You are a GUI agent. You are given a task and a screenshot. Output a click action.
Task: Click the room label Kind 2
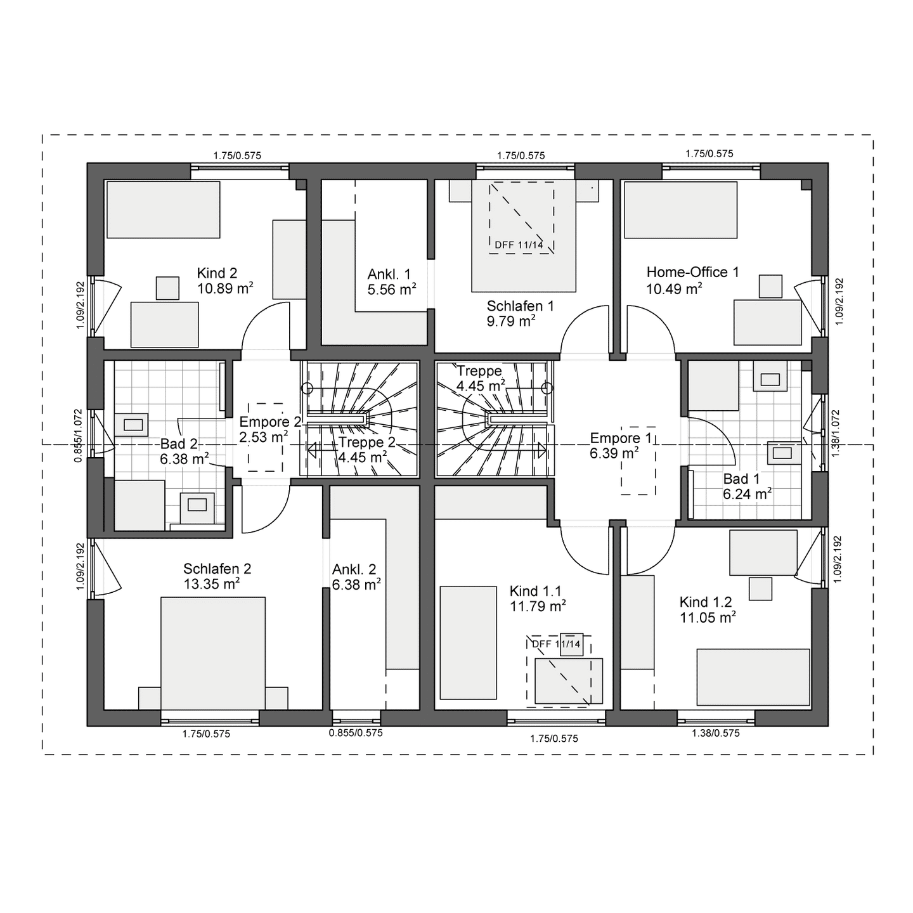217,273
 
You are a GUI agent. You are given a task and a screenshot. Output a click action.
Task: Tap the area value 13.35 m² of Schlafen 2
211,584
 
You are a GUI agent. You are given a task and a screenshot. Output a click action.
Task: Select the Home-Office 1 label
693,272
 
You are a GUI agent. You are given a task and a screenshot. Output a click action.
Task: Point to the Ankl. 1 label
389,275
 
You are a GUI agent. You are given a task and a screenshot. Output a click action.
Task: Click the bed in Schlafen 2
213,653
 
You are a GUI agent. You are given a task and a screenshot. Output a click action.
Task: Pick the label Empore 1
621,437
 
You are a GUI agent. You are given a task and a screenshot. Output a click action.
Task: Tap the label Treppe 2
366,442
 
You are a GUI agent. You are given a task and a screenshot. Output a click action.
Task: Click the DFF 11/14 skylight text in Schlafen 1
519,245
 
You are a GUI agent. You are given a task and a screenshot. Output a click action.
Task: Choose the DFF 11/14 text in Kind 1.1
556,644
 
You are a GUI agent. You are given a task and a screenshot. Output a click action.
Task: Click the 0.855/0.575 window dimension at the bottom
356,733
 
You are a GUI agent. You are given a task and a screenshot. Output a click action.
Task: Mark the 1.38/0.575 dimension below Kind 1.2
715,734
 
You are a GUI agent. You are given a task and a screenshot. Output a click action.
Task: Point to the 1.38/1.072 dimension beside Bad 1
835,434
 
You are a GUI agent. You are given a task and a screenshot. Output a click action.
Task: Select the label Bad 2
179,443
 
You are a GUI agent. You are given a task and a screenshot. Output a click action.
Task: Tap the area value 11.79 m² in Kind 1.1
538,606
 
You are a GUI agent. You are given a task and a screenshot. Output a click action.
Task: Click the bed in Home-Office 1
681,210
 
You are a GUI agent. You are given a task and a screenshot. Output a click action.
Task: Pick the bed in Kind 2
164,210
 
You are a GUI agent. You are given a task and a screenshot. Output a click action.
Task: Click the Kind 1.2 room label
706,602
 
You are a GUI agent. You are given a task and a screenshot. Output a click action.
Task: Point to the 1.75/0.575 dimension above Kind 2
237,155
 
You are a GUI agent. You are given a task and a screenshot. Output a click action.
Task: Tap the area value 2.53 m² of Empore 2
263,437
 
